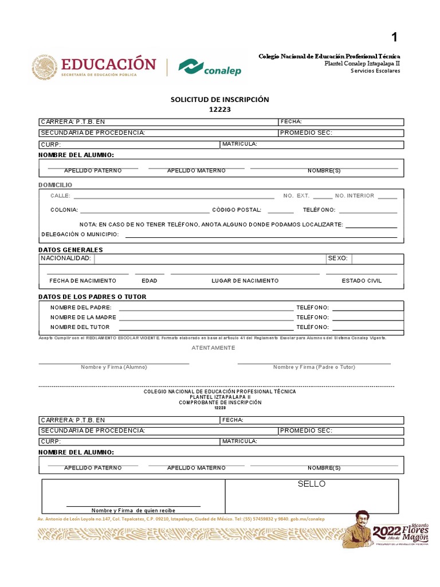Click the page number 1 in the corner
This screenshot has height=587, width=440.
[394, 38]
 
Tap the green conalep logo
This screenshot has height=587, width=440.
[210, 67]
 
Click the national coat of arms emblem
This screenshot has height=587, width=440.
[45, 67]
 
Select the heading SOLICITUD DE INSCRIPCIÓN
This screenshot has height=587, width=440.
[219, 99]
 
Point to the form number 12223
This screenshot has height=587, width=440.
[219, 109]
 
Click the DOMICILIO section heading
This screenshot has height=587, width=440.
[56, 185]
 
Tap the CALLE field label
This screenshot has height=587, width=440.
[60, 196]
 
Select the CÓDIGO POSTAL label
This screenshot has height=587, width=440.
[237, 210]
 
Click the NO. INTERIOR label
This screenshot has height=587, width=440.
[354, 196]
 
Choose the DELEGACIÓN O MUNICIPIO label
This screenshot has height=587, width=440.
[80, 234]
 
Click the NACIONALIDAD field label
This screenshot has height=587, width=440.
[66, 259]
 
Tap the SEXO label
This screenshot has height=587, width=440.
[337, 259]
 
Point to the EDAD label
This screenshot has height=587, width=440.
[150, 281]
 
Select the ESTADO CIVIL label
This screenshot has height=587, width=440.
[362, 281]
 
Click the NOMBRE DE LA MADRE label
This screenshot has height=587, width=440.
[83, 317]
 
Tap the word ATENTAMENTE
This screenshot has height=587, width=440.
[213, 348]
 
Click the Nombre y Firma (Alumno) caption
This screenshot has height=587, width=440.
[113, 367]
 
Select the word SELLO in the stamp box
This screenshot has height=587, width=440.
[311, 484]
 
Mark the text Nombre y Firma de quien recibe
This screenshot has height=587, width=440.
[133, 510]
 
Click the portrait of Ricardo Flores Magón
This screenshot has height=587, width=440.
[356, 529]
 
